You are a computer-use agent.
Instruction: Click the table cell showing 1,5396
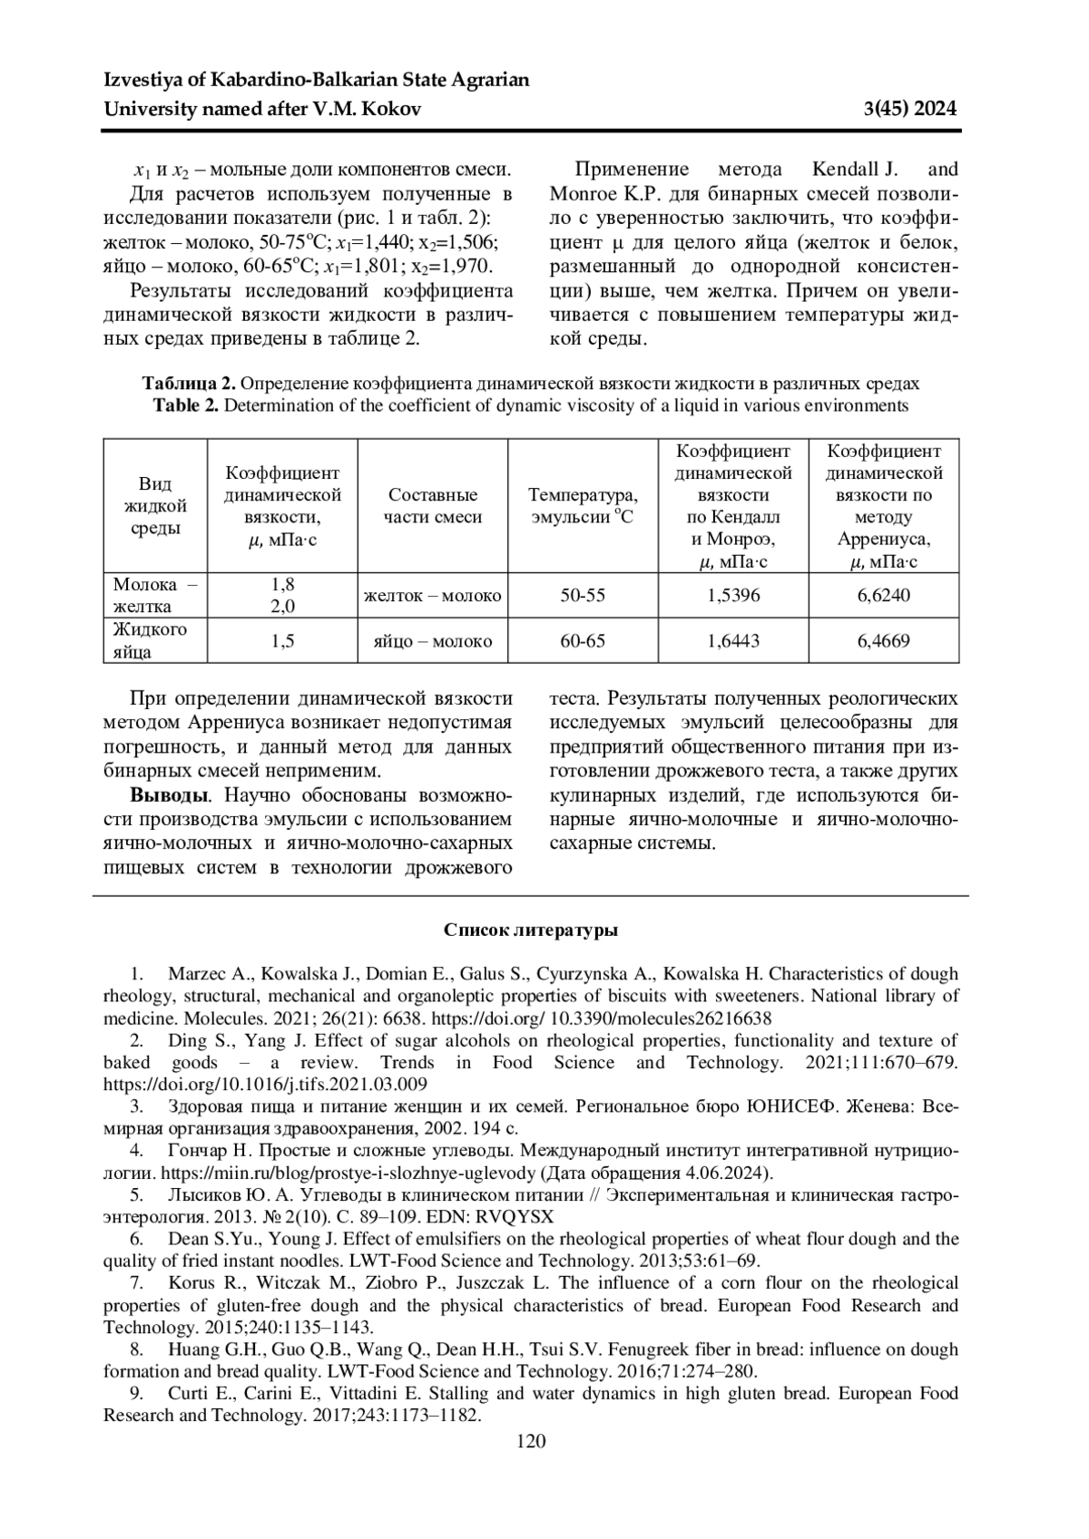tap(733, 596)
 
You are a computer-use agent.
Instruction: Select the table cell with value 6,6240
tap(883, 596)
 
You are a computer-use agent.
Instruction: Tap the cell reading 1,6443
tap(733, 641)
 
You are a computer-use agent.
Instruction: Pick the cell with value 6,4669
tap(883, 641)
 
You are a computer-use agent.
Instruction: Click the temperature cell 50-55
tap(583, 596)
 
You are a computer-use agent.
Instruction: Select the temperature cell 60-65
tap(583, 641)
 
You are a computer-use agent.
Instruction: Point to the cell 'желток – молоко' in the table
tap(432, 596)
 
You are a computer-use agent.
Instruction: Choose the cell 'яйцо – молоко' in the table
tap(432, 641)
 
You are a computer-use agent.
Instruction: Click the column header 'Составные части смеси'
tap(432, 506)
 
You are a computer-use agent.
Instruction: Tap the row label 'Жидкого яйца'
tap(150, 640)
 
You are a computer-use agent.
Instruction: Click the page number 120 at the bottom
tap(531, 1441)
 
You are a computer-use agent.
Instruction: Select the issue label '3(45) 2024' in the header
tap(910, 110)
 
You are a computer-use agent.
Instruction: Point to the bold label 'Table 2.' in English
tap(186, 405)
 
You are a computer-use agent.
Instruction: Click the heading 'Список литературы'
tap(531, 930)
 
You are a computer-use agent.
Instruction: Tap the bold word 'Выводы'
tap(170, 797)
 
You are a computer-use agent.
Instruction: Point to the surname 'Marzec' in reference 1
tap(197, 974)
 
